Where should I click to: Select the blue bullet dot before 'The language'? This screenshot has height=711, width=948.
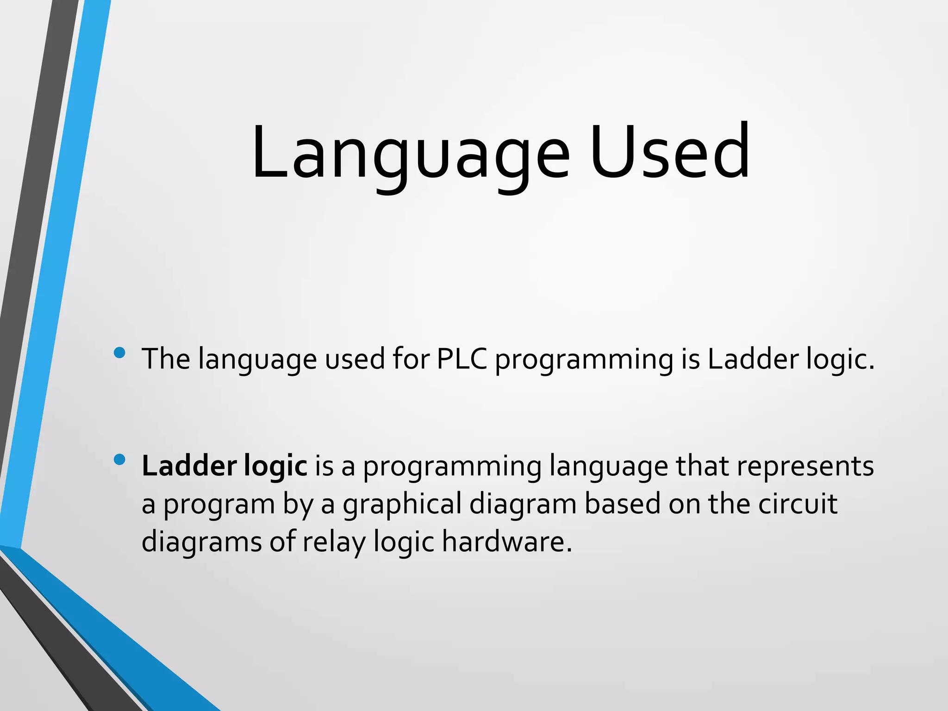[x=119, y=353]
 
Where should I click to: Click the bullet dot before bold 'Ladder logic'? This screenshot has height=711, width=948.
[x=119, y=460]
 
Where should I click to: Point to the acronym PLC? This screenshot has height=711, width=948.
[x=462, y=359]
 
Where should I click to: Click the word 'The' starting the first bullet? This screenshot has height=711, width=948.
[x=166, y=359]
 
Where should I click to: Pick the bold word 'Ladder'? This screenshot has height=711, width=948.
[x=189, y=466]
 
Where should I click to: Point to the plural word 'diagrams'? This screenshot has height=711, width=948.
[x=202, y=542]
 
